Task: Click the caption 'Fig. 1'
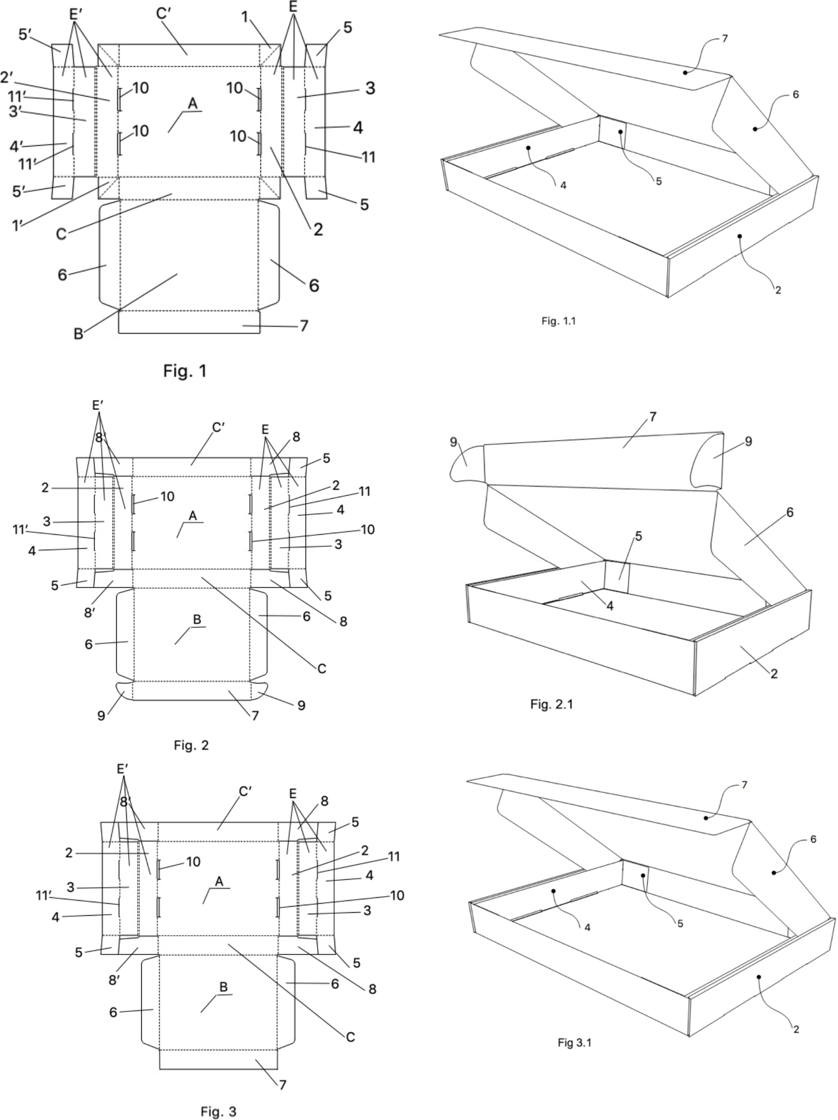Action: (x=184, y=371)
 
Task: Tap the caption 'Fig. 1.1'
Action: (x=558, y=320)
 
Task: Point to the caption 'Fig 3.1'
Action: (x=574, y=1042)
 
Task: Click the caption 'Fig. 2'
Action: (x=191, y=745)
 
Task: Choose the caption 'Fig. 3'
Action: (x=218, y=1111)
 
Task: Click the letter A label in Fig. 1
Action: (x=192, y=104)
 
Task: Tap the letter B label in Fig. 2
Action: (x=197, y=619)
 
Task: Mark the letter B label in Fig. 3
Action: (x=223, y=987)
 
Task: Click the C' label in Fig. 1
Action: (x=163, y=14)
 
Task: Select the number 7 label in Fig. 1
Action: (x=304, y=325)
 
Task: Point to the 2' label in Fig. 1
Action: (x=7, y=78)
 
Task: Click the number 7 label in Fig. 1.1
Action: (x=724, y=39)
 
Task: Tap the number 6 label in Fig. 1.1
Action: (x=795, y=94)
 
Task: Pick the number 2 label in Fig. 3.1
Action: (x=796, y=1029)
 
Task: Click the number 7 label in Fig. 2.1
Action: (x=653, y=417)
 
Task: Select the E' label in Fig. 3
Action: (x=122, y=769)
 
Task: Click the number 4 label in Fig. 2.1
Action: (x=610, y=606)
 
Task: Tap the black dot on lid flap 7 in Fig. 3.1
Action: (x=705, y=818)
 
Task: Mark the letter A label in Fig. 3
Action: (x=219, y=882)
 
